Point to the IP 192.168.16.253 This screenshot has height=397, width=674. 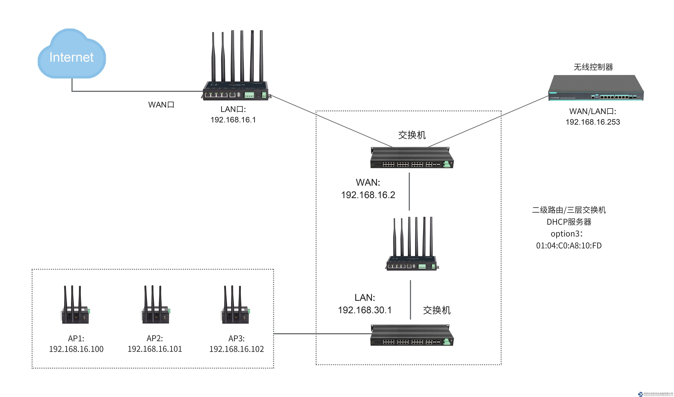pos(593,122)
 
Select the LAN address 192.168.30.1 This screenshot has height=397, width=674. pos(365,310)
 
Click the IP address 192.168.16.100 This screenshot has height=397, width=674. pos(76,349)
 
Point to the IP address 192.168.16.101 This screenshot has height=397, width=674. pos(155,349)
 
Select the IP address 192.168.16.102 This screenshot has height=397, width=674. pos(236,349)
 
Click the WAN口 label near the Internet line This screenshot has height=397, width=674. pos(161,105)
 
